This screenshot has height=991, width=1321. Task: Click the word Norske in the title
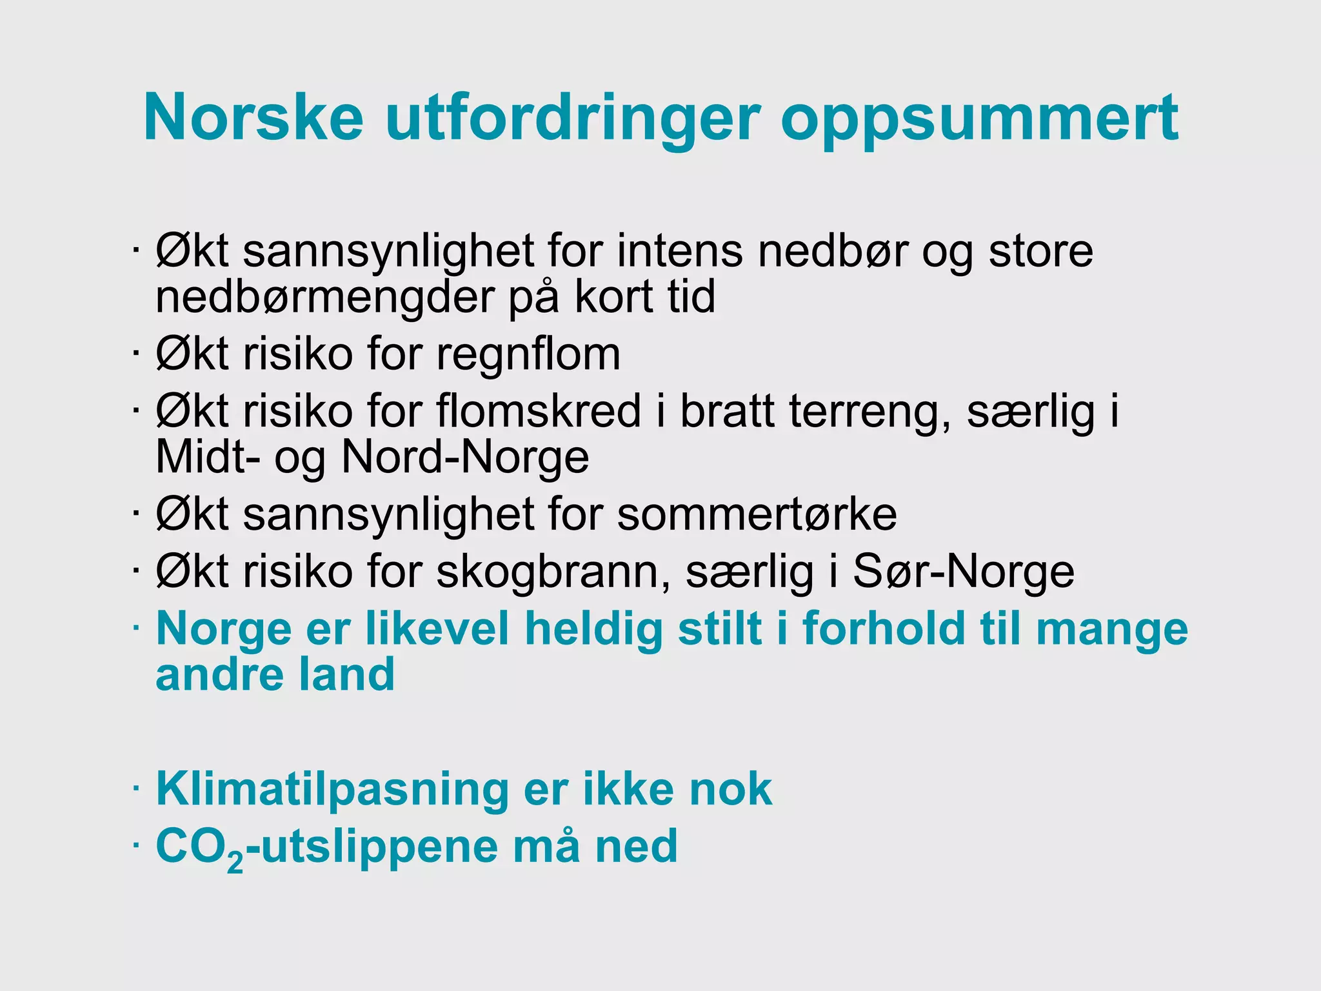click(x=253, y=117)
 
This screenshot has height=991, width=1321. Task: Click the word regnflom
click(x=528, y=355)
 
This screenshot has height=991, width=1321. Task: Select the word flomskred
click(x=539, y=411)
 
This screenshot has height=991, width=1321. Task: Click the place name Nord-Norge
click(x=464, y=457)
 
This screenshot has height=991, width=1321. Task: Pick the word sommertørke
click(x=757, y=514)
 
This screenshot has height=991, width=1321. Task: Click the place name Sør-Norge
click(x=964, y=572)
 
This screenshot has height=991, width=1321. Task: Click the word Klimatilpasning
click(x=332, y=790)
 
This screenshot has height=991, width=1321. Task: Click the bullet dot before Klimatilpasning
click(x=135, y=788)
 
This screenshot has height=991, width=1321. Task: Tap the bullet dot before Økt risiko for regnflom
click(x=135, y=353)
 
